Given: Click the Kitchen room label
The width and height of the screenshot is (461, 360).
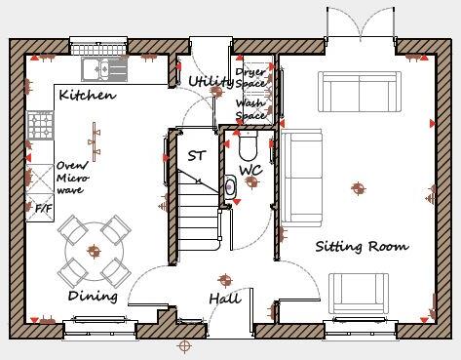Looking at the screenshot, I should coord(88,96).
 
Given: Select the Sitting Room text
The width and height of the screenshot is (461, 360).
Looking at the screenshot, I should coord(361,246).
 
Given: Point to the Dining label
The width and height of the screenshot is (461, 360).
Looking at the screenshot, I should coord(93,296).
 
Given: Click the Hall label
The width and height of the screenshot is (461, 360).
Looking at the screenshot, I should coord(224,298).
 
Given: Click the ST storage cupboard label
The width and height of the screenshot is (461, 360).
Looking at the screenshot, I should coord(195,156).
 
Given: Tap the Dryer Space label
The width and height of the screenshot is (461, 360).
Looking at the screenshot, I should coord(251,65).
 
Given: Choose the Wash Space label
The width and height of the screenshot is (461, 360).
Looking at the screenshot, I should coord(251,108).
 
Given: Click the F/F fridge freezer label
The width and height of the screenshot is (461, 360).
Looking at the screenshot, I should coord(43,208).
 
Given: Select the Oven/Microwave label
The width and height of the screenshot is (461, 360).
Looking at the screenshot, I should coord(74,178).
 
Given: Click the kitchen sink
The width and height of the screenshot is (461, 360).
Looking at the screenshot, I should coord(99,67).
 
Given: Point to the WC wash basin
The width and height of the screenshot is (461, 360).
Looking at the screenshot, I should coord(229,187).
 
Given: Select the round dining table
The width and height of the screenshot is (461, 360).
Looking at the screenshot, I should coord(94,244).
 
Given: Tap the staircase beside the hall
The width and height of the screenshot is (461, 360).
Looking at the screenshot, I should coord(199,205).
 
